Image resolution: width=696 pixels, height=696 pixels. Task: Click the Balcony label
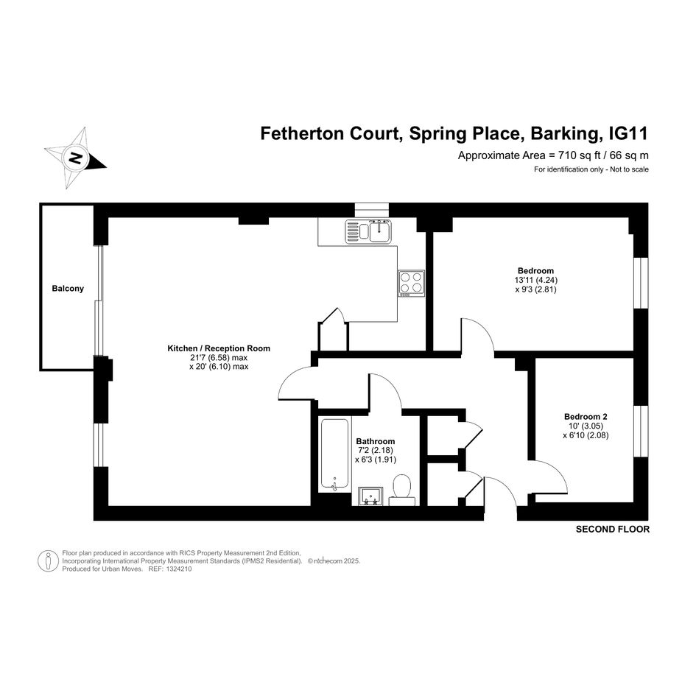coord(68,289)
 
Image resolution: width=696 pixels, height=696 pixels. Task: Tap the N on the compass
coord(76,158)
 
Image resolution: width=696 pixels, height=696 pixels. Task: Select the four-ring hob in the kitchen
coord(411,284)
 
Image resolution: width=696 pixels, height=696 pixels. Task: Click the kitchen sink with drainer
coord(368,231)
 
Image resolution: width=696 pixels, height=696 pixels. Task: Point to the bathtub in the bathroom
coord(334,454)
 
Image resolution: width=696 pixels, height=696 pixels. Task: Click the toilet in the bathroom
coord(402,490)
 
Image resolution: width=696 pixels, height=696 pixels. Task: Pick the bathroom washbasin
coord(370,496)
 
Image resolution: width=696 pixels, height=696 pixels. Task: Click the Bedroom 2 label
coord(586,417)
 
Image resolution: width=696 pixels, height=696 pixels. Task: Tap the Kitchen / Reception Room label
coord(219,348)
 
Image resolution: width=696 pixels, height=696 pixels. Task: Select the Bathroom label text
coord(376,441)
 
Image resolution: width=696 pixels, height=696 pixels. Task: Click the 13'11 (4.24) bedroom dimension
coord(535,280)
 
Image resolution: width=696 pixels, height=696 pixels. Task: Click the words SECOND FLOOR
coord(613,529)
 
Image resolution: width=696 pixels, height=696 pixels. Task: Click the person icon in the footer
coord(48,560)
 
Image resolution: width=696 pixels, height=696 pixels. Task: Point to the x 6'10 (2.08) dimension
coord(586,435)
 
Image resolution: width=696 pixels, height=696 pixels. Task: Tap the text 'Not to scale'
coord(630,169)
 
